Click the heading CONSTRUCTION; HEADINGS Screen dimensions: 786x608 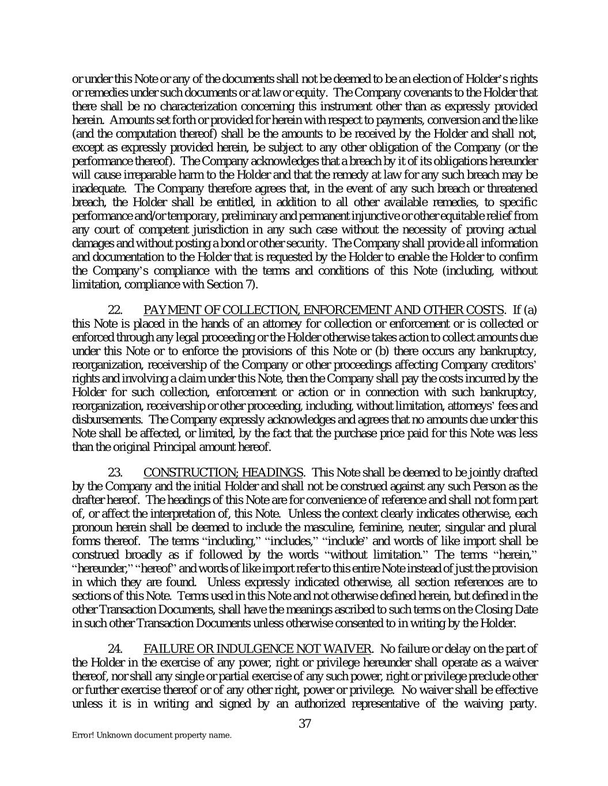224,473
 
